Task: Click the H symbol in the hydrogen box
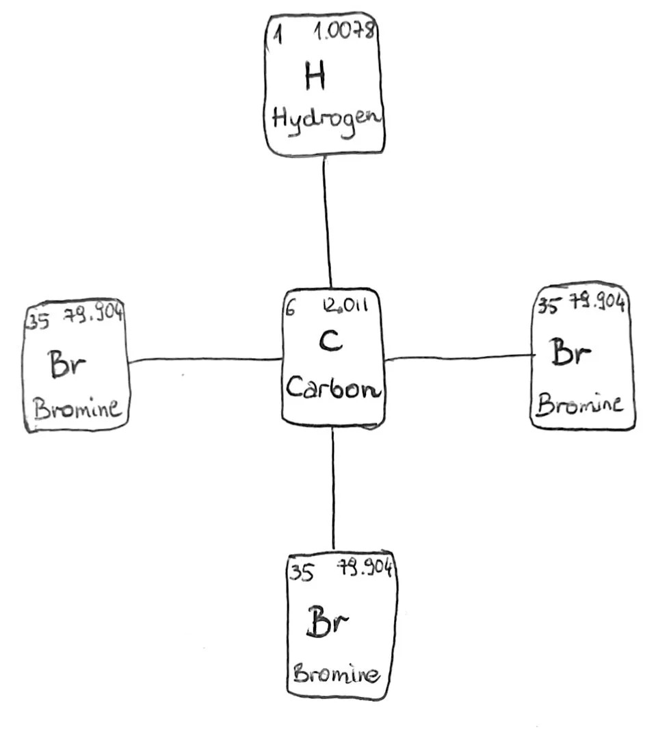315,75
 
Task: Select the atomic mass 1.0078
344,31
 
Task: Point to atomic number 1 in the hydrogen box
278,34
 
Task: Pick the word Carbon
333,387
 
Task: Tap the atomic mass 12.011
345,305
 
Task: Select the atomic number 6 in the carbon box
290,307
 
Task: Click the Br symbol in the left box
67,364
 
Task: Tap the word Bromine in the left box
77,408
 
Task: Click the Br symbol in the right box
570,351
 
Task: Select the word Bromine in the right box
580,405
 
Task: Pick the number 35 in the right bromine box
548,305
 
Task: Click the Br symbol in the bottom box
327,621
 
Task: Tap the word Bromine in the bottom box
336,674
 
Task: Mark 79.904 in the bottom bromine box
365,567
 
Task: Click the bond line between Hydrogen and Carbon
327,222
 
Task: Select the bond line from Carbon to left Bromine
205,359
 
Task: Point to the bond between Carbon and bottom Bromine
333,488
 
